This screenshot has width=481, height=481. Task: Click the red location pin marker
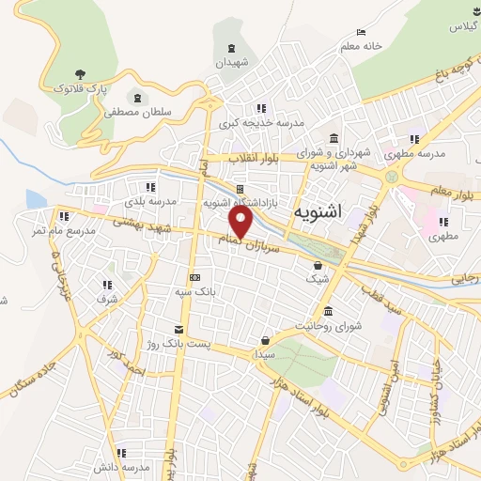coord(242,223)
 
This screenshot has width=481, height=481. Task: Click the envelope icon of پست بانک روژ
coord(178,330)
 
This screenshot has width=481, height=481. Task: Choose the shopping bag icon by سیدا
coord(266,340)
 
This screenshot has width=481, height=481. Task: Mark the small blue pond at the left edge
coord(36,199)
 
